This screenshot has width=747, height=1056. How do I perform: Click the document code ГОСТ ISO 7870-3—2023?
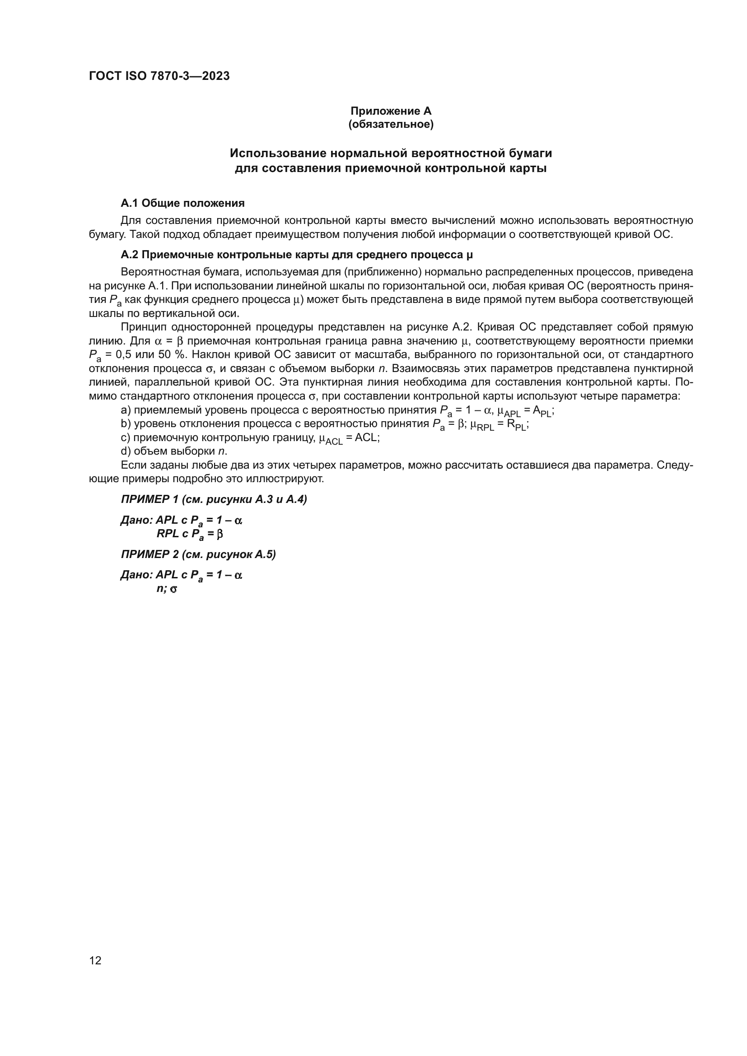click(x=159, y=76)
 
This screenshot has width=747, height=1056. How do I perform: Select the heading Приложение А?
click(x=391, y=111)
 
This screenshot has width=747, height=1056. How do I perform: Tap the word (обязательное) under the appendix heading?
click(x=391, y=124)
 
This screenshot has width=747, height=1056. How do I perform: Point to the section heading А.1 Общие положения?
click(x=182, y=203)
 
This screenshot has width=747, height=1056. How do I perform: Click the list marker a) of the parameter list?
click(x=126, y=410)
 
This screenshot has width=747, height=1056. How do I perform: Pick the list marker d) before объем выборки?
click(x=126, y=451)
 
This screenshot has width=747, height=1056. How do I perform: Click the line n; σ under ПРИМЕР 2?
click(x=167, y=588)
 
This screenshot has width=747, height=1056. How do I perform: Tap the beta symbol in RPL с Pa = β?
click(x=219, y=534)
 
